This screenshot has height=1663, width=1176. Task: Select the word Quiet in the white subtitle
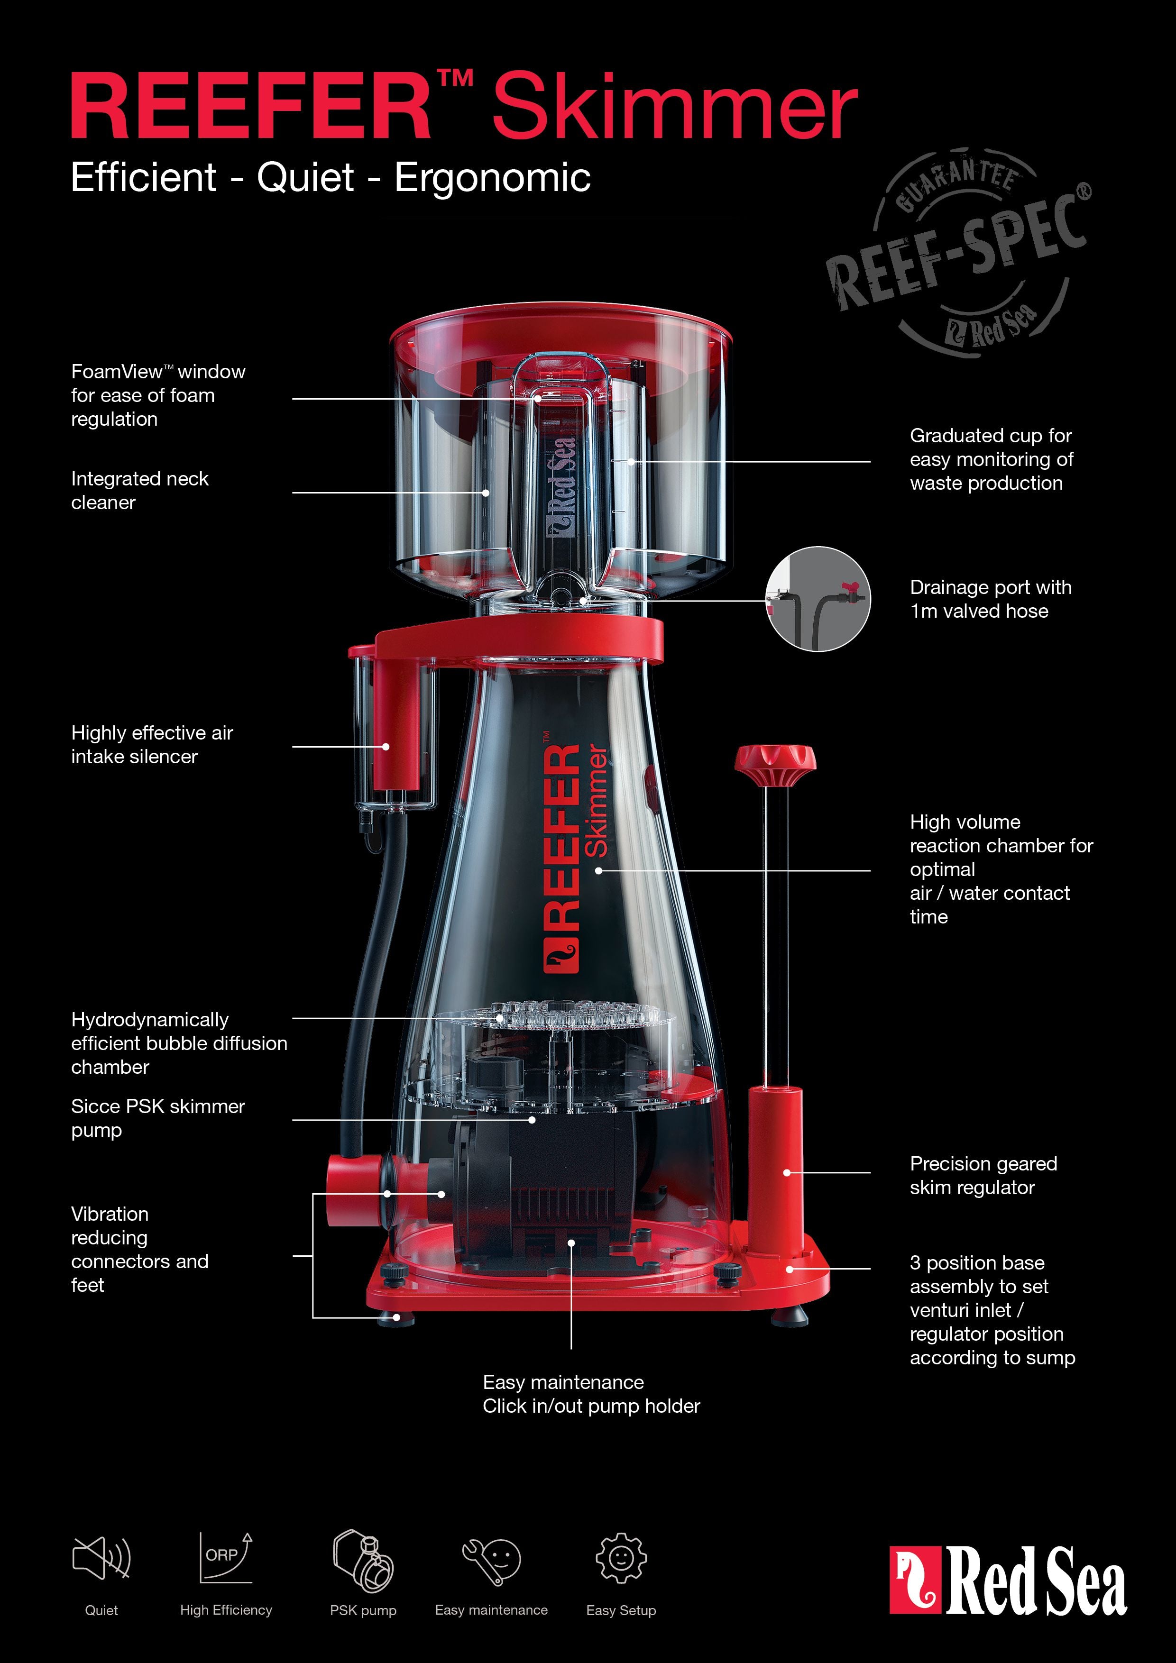305,177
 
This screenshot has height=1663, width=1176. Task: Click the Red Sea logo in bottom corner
1008,1580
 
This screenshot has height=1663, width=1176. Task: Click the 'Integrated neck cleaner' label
140,490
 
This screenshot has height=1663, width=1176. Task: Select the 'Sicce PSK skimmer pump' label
158,1118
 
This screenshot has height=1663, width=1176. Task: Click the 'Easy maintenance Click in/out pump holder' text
590,1394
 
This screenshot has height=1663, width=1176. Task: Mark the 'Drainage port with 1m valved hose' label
990,599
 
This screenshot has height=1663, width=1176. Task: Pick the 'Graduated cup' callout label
991,459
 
